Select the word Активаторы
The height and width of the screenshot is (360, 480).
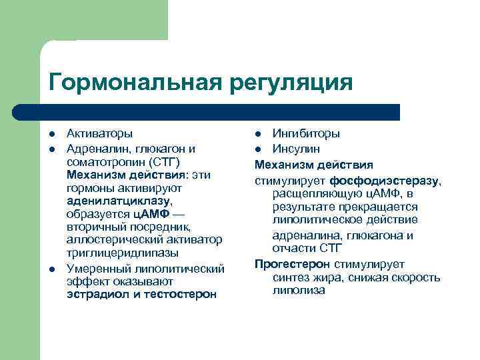[99, 133]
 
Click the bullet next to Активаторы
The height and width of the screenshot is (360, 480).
[53, 133]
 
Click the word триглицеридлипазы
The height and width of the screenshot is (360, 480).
[122, 253]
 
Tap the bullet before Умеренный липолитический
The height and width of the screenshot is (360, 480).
[53, 268]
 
